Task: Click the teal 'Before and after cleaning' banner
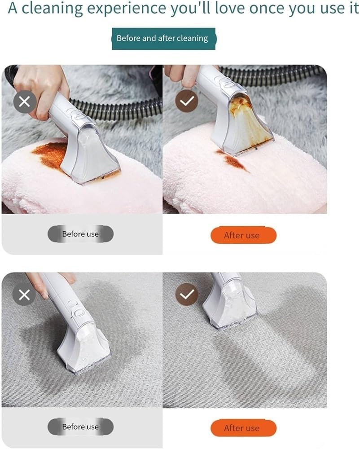point(163,39)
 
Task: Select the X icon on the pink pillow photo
point(25,102)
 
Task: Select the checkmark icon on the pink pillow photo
point(186,102)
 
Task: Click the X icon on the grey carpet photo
point(24,295)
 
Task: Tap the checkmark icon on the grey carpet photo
point(186,295)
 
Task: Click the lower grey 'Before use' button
point(80,427)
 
